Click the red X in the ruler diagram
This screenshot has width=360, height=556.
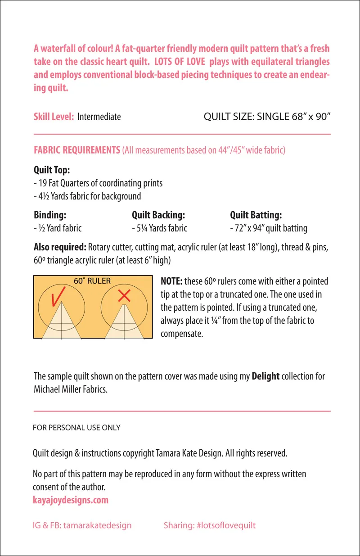[x=124, y=296]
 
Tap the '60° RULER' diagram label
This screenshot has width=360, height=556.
[x=92, y=281]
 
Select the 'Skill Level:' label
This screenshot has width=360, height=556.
[x=54, y=117]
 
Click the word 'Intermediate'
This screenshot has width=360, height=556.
[x=99, y=117]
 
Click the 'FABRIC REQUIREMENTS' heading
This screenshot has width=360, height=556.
[x=76, y=150]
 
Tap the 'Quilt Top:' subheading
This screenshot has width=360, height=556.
[x=52, y=171]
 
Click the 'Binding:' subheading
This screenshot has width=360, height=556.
[x=50, y=215]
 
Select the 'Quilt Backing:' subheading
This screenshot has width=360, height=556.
[x=158, y=215]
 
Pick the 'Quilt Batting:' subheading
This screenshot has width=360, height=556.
[x=256, y=215]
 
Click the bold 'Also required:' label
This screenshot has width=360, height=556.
[x=60, y=247]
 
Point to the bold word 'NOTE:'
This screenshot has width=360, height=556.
[x=171, y=281]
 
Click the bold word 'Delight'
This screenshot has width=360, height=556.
[x=265, y=376]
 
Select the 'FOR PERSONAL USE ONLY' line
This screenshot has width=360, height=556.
[x=76, y=428]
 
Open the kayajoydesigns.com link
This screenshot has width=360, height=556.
[x=71, y=500]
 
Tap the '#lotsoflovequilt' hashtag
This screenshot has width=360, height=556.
[x=226, y=525]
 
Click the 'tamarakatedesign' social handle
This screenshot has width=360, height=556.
[x=98, y=525]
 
